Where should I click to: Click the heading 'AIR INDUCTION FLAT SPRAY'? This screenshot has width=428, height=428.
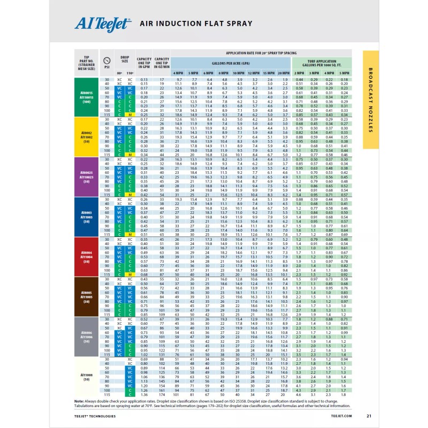point(195,24)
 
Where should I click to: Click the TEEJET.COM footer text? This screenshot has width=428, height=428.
point(341,416)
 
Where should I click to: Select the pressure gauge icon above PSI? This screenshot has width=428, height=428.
point(107,60)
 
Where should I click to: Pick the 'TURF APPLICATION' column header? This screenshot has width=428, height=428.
point(322,62)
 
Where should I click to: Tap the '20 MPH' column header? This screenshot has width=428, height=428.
point(284,73)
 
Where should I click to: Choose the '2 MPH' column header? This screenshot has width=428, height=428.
point(299,73)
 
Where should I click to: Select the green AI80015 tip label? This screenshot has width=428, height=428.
point(87,97)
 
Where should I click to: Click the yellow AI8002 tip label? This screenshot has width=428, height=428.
point(87,137)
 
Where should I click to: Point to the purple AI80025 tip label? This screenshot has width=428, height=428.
point(87,177)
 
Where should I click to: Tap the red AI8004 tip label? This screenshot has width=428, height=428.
point(87,256)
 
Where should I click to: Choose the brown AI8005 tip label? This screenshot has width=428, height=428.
point(87,296)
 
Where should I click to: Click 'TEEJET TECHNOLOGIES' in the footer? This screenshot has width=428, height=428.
point(95,416)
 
